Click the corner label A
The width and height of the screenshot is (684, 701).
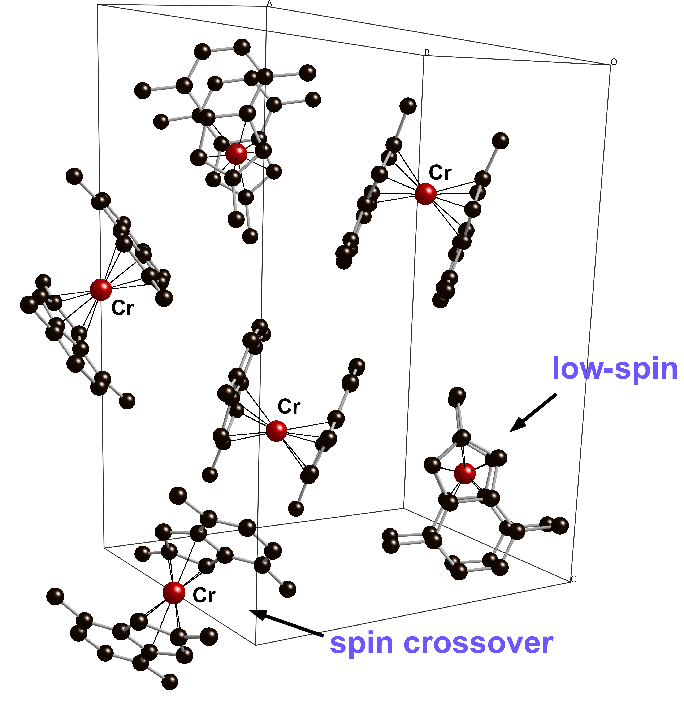click(x=269, y=4)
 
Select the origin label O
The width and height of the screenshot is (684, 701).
click(x=614, y=62)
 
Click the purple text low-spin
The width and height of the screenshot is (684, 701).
click(x=615, y=369)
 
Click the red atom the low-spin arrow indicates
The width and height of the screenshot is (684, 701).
click(x=464, y=473)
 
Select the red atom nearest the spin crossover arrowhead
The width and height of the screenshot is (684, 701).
click(x=174, y=593)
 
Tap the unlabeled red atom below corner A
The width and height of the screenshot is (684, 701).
click(x=236, y=154)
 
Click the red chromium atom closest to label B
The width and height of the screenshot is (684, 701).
click(x=425, y=194)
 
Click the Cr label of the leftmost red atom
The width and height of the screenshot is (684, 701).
click(x=122, y=308)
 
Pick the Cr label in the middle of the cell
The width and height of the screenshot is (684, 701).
click(x=289, y=407)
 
